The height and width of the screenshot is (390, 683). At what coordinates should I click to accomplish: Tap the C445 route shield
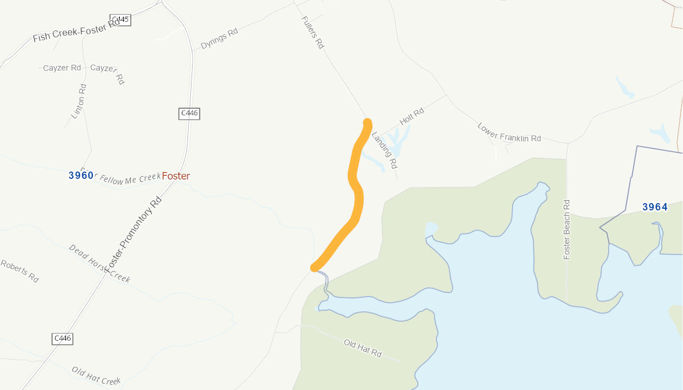click(x=120, y=20)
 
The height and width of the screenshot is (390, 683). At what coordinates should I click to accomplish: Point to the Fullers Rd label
click(x=313, y=32)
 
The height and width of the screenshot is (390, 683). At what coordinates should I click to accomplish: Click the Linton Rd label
click(x=79, y=102)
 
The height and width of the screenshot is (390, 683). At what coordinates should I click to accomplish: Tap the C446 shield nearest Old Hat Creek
click(x=62, y=338)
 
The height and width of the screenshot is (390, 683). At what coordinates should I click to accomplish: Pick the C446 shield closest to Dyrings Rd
click(x=189, y=113)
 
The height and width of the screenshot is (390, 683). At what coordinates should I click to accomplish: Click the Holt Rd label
click(x=412, y=116)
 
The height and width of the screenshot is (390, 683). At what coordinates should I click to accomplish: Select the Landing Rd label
click(x=384, y=150)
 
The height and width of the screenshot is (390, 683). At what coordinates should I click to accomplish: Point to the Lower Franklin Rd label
click(x=509, y=132)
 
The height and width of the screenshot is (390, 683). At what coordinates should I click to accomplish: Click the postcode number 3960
click(x=81, y=175)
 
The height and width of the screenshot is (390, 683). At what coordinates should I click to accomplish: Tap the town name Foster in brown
click(x=175, y=176)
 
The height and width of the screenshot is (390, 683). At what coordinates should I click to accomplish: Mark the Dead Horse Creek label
click(x=99, y=263)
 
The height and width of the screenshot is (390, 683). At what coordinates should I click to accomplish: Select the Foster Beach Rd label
click(x=567, y=229)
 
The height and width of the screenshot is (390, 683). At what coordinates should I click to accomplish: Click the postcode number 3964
click(x=655, y=207)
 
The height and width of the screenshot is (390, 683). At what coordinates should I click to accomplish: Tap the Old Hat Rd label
click(x=362, y=348)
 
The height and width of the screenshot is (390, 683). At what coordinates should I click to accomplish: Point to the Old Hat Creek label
click(x=96, y=376)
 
